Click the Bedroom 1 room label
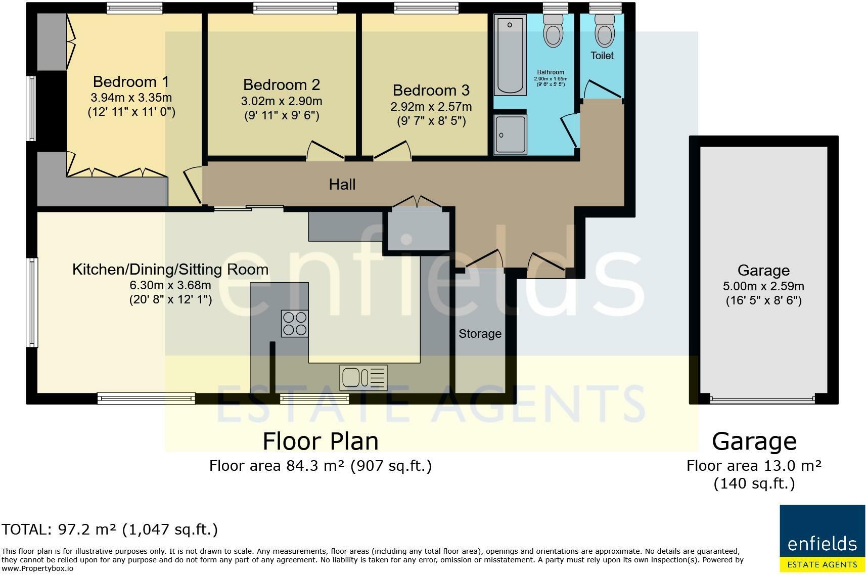click(x=131, y=82)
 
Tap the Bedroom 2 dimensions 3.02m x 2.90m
click(x=282, y=101)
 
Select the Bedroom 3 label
click(x=431, y=91)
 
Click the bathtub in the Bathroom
click(x=510, y=55)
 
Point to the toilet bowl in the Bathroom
click(x=553, y=33)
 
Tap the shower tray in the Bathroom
click(x=511, y=134)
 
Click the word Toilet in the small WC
click(x=602, y=56)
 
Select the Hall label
click(x=342, y=185)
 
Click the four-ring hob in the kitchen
click(x=295, y=324)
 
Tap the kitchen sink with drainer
click(x=363, y=377)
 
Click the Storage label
click(x=480, y=334)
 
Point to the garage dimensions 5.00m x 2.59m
click(x=763, y=286)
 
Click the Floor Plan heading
click(x=321, y=441)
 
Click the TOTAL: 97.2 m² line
click(x=110, y=529)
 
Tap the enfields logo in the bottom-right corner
click(x=822, y=538)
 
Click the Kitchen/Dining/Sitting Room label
click(x=170, y=270)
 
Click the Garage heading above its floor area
click(x=754, y=441)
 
